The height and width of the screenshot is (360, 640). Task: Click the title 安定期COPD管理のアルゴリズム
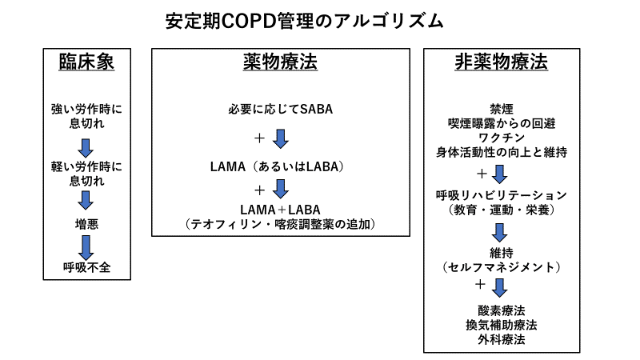[x=304, y=22]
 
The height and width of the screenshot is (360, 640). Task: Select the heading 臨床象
[x=86, y=62]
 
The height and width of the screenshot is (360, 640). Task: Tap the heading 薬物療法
[x=281, y=62]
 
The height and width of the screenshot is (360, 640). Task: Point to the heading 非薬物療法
[x=502, y=62]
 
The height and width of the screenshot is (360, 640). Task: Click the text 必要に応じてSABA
[x=281, y=109]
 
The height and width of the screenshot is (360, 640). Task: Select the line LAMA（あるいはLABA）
[x=278, y=166]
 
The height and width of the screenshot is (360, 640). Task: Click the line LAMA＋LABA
[x=280, y=210]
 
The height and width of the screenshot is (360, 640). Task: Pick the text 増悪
[x=86, y=224]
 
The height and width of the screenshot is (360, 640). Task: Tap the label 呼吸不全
[x=86, y=267]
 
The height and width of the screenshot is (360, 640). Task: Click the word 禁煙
[x=502, y=109]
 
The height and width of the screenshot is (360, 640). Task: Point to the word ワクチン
[x=502, y=138]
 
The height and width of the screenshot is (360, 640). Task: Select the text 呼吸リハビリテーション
[x=502, y=195]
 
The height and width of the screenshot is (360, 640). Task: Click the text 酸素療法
[x=502, y=310]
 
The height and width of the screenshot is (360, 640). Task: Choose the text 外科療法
[x=502, y=339]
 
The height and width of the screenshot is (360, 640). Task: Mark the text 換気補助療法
[x=502, y=325]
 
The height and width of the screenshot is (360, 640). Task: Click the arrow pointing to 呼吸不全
[x=86, y=248]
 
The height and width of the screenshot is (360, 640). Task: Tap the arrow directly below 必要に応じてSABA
[x=281, y=138]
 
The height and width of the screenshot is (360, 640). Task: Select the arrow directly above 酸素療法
[x=499, y=288]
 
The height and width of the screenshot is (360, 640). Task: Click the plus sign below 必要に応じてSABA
[x=259, y=138]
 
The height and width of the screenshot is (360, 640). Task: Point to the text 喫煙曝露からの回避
[x=502, y=123]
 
